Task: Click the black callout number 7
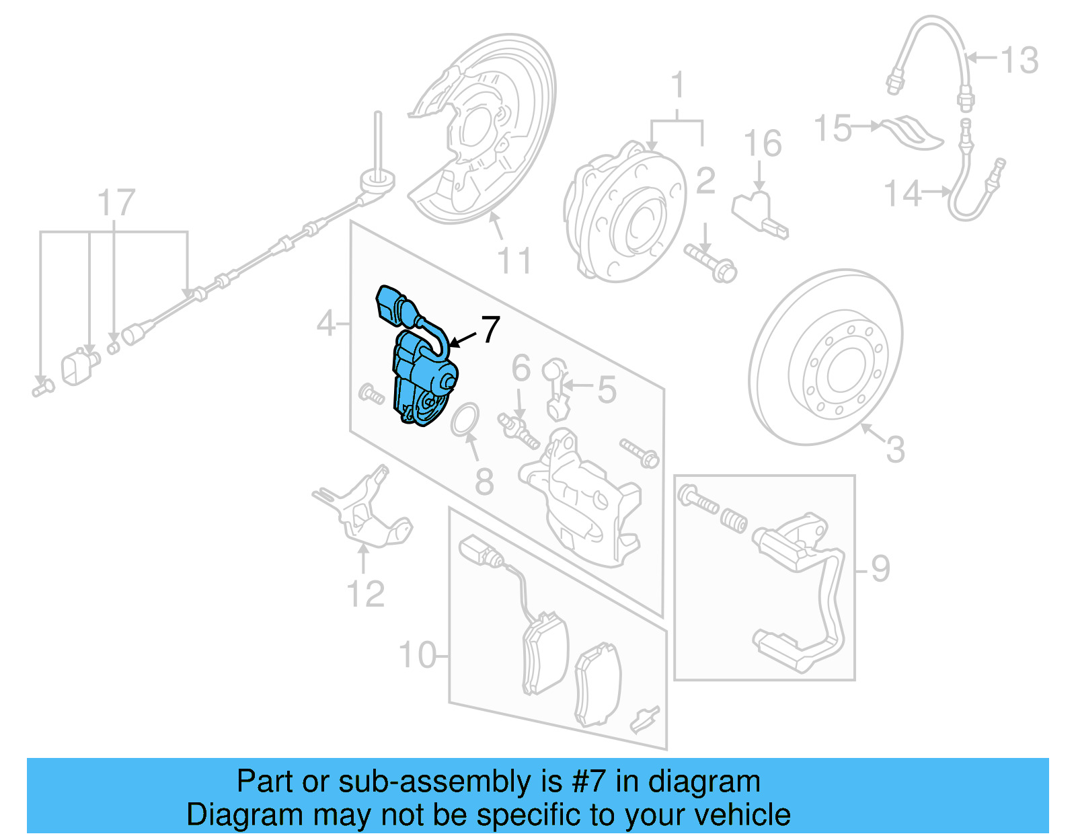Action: [x=490, y=329]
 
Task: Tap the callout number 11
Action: [x=514, y=261]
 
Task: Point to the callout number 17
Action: [x=116, y=202]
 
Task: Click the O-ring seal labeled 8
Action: [x=465, y=419]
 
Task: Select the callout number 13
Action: [x=1020, y=61]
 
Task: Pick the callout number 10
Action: [x=418, y=654]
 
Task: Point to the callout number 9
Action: [x=880, y=569]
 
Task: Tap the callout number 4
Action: [x=326, y=324]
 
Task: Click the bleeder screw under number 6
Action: [x=518, y=429]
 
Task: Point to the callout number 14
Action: [x=901, y=194]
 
